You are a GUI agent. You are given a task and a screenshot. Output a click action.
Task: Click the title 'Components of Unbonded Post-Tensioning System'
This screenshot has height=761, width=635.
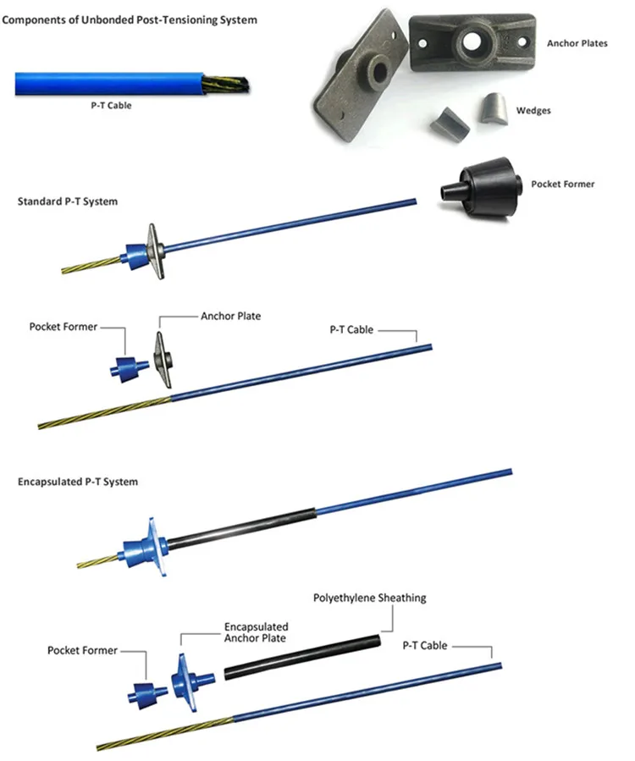[x=130, y=20]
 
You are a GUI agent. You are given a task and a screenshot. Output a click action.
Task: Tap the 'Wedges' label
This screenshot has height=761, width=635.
[x=533, y=111]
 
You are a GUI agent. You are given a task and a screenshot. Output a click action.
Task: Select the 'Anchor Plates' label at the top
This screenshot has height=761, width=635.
[x=577, y=43]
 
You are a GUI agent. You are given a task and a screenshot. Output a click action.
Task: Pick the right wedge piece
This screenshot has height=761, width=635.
[x=494, y=110]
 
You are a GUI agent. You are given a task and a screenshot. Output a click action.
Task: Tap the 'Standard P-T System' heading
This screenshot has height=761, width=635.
[x=68, y=201]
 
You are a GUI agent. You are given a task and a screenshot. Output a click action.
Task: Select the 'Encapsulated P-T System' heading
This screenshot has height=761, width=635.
[x=78, y=482]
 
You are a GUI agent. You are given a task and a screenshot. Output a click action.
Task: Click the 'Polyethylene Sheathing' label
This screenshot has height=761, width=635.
[x=370, y=598]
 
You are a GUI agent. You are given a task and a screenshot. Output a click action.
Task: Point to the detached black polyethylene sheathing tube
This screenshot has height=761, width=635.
[x=302, y=657]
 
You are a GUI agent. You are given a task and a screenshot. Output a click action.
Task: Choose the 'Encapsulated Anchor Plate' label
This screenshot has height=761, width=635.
[x=256, y=632]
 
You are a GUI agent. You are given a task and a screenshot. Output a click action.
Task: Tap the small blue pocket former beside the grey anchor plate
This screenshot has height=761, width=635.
[x=130, y=369]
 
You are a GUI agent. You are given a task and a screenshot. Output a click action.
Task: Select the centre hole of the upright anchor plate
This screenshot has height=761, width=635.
[x=472, y=41]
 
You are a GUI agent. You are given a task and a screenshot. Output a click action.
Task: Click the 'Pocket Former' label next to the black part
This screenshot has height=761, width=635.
[x=563, y=185]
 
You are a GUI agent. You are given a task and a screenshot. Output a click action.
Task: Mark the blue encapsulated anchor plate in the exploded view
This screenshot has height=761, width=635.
[x=190, y=682]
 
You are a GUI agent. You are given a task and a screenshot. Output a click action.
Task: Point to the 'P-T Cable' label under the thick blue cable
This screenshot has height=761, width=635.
[x=111, y=105]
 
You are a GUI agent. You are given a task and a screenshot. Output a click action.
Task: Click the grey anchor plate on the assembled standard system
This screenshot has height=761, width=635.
[x=156, y=251]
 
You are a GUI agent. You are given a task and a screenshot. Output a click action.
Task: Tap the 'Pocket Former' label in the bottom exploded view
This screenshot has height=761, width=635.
[x=82, y=650]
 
